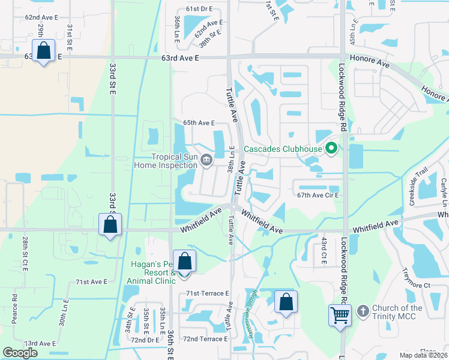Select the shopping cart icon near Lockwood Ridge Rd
coord(340,314)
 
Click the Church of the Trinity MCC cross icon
coord(362,311)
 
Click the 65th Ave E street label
coord(199,123)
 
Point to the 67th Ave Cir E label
coord(318,196)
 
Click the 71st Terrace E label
coord(207,293)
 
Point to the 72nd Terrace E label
coord(205,339)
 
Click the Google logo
coord(20,353)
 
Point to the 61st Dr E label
coord(199,9)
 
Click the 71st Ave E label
coord(91,281)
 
